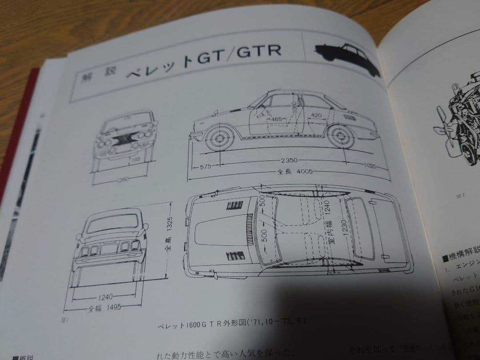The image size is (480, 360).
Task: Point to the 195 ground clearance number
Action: [133, 159]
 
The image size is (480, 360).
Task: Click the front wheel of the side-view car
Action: [219, 139]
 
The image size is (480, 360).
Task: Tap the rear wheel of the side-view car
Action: [340, 136]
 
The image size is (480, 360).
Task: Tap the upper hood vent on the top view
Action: [235, 205]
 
